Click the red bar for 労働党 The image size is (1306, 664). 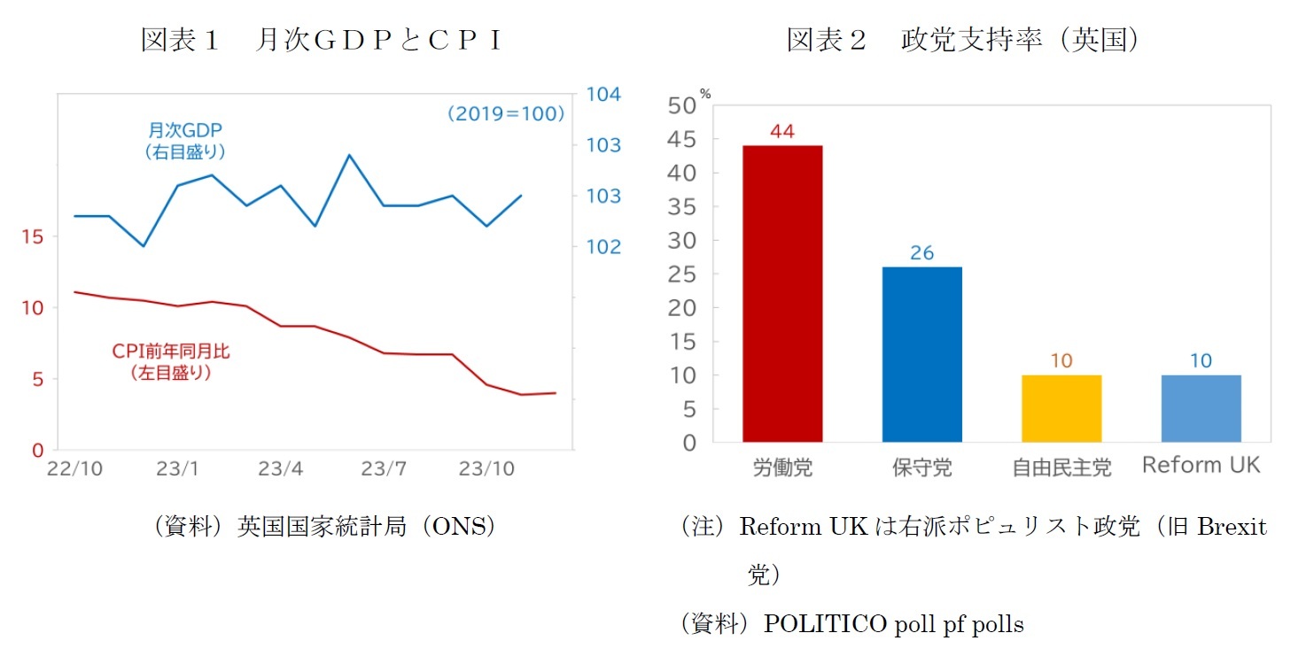point(782,293)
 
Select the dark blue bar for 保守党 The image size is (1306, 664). point(921,354)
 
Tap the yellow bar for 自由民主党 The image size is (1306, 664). point(1061,408)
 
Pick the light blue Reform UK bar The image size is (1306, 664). point(1201,408)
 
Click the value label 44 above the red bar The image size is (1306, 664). point(782,131)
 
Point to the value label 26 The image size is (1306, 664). point(921,253)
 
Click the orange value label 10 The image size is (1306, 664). point(1061,361)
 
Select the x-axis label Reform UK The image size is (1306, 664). point(1201,465)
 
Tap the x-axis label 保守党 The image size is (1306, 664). point(921,467)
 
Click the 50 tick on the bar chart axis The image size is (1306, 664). point(684,106)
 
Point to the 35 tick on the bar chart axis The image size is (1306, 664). point(684,207)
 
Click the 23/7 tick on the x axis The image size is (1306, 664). point(384,469)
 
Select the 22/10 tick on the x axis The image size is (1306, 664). point(74,469)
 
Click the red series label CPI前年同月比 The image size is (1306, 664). point(170,351)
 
